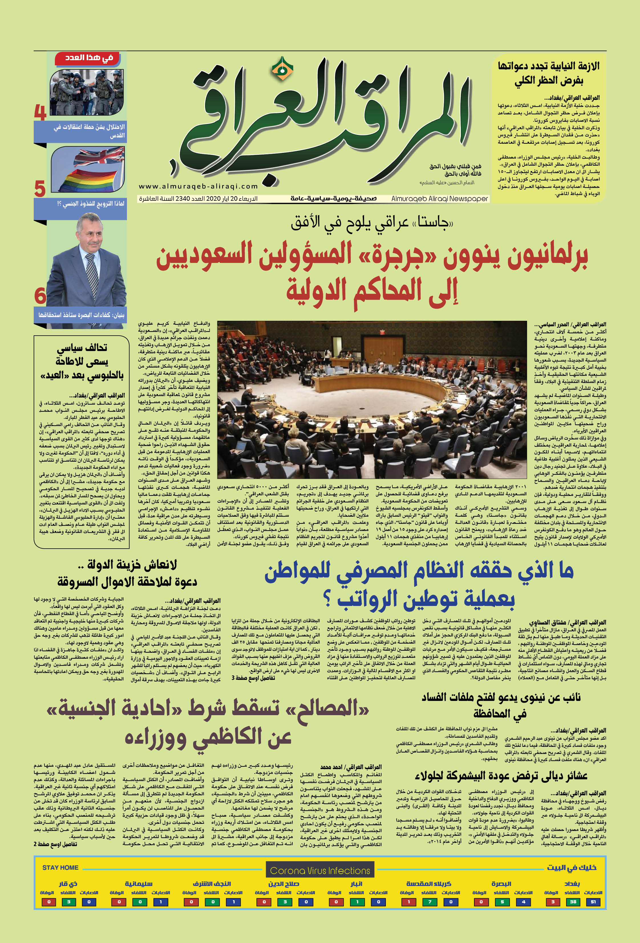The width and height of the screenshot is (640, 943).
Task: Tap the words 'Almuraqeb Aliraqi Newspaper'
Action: [440, 199]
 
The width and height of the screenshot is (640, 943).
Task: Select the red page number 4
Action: [40, 112]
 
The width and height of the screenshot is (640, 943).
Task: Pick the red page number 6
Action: [40, 295]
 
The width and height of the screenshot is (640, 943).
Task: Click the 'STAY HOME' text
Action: [60, 867]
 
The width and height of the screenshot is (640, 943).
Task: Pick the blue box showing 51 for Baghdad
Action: [593, 902]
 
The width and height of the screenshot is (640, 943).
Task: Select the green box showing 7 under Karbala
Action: [429, 902]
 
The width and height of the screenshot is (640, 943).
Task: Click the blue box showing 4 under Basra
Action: [523, 902]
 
